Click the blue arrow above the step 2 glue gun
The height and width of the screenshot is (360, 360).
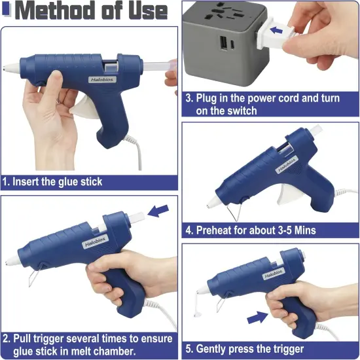coord(158,210)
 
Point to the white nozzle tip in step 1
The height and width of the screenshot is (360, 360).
coord(8,67)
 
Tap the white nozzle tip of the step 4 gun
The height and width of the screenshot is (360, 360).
coord(213,202)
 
